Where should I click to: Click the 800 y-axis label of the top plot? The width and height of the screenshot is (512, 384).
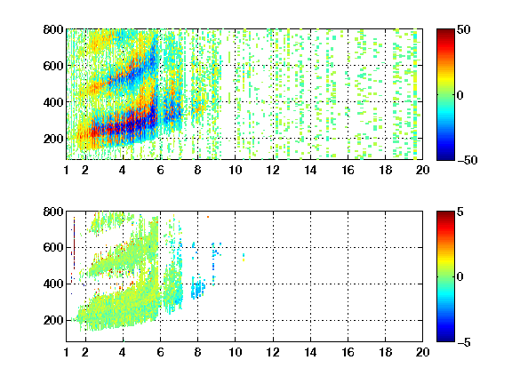(x=53, y=29)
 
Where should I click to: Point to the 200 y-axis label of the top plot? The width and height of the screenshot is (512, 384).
(x=53, y=139)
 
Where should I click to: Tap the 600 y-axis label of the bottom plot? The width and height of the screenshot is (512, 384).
(x=53, y=247)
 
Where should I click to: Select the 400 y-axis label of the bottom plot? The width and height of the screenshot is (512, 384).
(x=53, y=284)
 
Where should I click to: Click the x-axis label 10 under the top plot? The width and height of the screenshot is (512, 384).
(x=235, y=170)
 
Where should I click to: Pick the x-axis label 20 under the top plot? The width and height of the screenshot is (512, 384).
(x=422, y=170)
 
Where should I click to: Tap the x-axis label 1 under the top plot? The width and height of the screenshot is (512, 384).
(x=67, y=170)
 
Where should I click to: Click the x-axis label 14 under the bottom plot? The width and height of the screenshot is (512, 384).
(x=310, y=352)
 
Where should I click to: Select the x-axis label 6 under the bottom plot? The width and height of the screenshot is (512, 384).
(x=160, y=352)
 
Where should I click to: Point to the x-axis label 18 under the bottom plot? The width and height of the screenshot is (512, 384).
(x=385, y=352)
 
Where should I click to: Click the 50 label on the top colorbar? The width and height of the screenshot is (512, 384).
(x=464, y=29)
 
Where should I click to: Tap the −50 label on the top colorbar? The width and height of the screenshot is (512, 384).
(x=468, y=160)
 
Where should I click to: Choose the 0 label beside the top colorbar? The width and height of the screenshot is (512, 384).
(x=460, y=95)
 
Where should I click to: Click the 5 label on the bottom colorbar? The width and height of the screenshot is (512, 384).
(x=460, y=212)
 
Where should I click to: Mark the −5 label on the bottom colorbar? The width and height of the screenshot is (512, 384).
(x=464, y=342)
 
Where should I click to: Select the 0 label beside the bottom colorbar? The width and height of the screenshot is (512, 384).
(x=460, y=277)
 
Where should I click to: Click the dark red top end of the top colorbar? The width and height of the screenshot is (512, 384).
(x=445, y=31)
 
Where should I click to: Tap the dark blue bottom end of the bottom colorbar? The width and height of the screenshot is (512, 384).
(x=445, y=340)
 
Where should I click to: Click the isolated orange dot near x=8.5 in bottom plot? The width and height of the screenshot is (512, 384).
(x=208, y=217)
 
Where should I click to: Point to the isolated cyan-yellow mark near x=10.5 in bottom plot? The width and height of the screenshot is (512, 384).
(x=244, y=257)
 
